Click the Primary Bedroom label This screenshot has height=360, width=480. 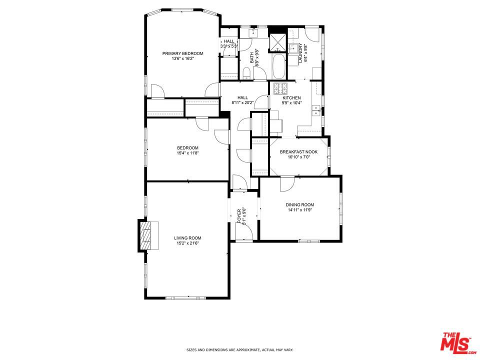pyautogui.click(x=182, y=53)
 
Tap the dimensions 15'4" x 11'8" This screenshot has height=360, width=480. pyautogui.click(x=187, y=153)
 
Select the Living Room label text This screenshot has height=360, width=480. pyautogui.click(x=187, y=238)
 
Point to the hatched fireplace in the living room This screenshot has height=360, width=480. pyautogui.click(x=146, y=235)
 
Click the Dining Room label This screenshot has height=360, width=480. pyautogui.click(x=300, y=204)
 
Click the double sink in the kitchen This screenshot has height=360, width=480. pyautogui.click(x=316, y=110)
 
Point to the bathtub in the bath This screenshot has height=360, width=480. pyautogui.click(x=278, y=66)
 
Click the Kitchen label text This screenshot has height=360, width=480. pyautogui.click(x=292, y=97)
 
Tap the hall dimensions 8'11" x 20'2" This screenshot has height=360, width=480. pyautogui.click(x=242, y=102)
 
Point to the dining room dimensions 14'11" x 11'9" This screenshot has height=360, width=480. pyautogui.click(x=300, y=210)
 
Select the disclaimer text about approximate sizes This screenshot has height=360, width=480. pyautogui.click(x=240, y=350)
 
